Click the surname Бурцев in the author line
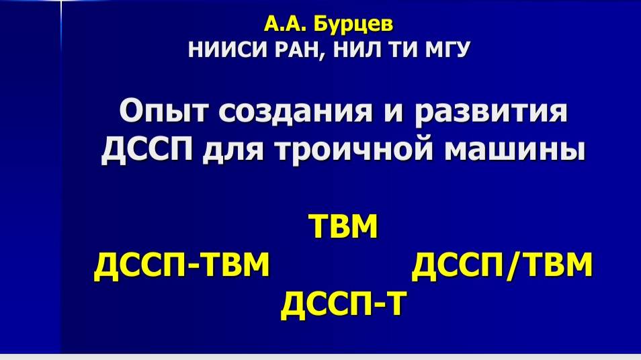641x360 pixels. coord(353,25)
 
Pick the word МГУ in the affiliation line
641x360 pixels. coord(447,50)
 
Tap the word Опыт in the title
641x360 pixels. coord(164,111)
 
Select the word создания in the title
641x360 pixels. coord(295,111)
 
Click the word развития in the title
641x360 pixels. coord(491,111)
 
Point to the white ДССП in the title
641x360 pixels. coord(146,150)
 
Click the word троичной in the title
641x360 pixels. coord(354,150)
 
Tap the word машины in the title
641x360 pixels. coord(515,150)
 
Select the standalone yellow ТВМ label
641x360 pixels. coord(343,226)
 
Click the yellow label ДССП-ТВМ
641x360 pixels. coord(182,265)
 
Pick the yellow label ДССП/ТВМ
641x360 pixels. coord(502,265)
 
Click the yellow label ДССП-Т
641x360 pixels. coord(344,304)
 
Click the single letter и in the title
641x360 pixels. coord(394,113)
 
